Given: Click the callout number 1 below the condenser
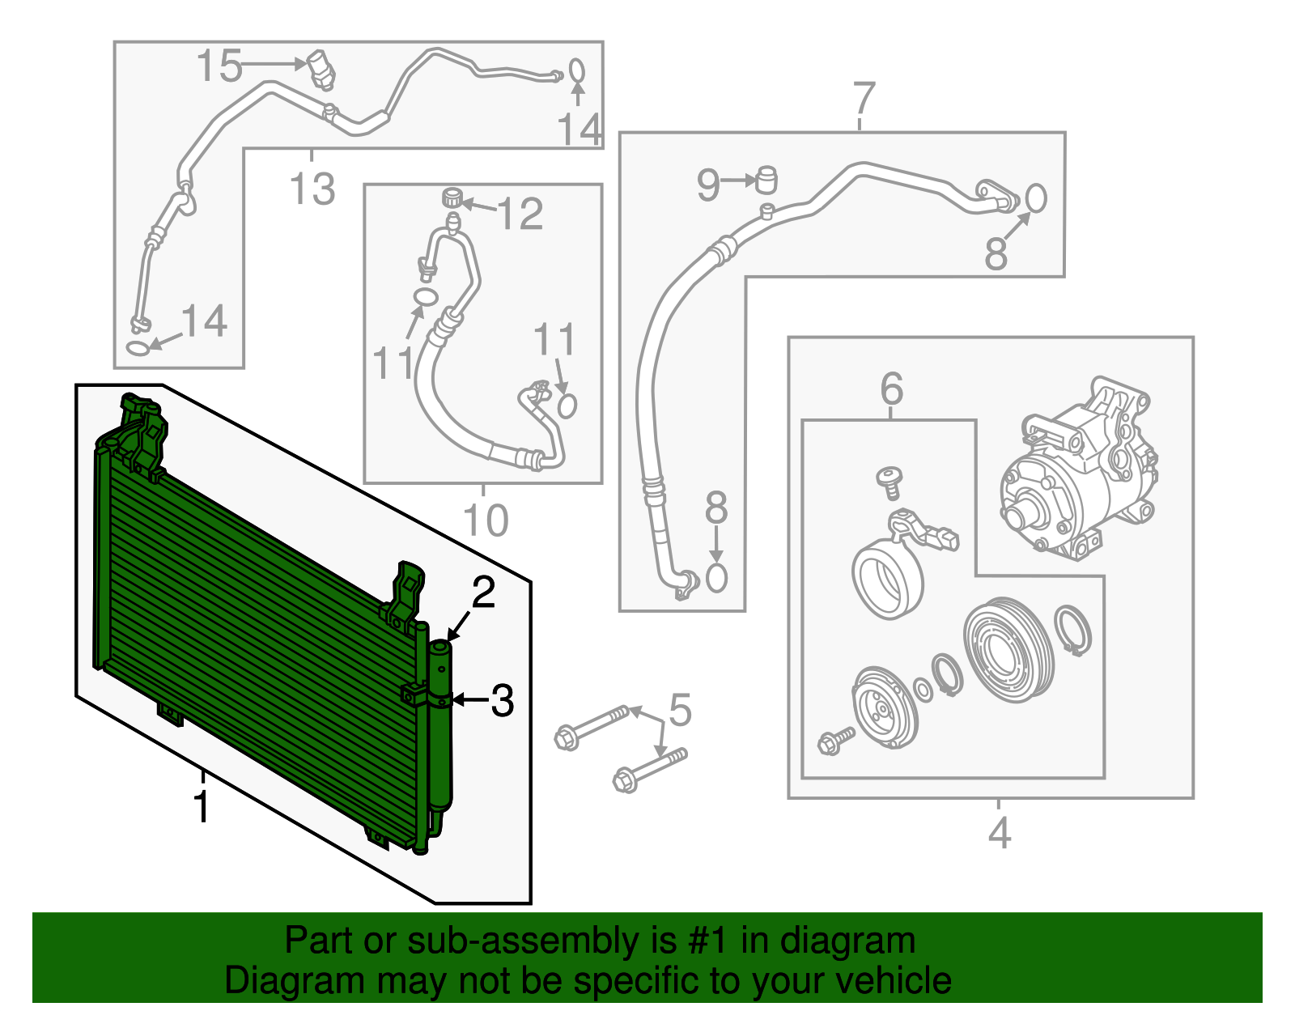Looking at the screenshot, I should [202, 807].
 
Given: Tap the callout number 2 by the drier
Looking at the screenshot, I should [483, 593].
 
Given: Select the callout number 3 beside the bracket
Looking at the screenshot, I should [502, 701].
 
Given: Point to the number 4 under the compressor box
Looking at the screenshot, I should [1000, 833].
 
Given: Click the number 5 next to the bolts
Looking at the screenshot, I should [680, 710].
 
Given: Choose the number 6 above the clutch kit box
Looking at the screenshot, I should [891, 389].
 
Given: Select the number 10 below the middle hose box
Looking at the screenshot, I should [485, 520].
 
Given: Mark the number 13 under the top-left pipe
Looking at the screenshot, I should [312, 189].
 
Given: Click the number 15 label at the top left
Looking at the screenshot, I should [219, 66].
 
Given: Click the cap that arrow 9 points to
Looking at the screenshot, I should [766, 179].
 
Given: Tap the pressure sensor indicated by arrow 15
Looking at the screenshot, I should [321, 70].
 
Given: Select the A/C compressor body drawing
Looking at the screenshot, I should [1076, 474].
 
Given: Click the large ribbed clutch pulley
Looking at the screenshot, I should [1008, 649].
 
